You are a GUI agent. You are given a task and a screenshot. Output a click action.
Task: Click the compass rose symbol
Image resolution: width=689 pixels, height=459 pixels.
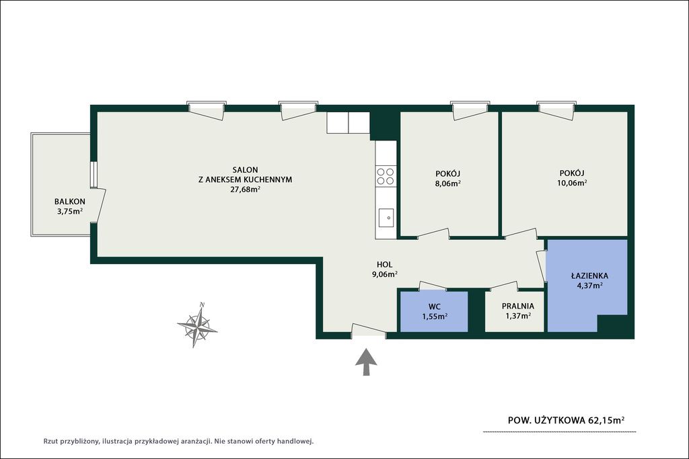pos(197,325)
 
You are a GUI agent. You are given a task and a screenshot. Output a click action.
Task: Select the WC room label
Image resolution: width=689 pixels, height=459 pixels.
pos(435,306)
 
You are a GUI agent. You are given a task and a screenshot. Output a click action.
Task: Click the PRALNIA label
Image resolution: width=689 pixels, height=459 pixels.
pos(518,306)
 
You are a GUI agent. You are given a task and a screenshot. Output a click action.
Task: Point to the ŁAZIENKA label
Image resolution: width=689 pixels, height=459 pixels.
pos(589,276)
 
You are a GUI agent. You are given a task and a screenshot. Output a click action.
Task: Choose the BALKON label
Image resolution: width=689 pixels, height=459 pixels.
pos(70,202)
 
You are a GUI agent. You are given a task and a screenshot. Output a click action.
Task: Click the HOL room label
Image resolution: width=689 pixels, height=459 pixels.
pos(384,265)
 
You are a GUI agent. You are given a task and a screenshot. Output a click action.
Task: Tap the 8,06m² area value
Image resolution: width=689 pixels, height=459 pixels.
pos(447,184)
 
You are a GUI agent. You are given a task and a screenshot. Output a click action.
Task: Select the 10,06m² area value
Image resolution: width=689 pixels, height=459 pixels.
pos(572,183)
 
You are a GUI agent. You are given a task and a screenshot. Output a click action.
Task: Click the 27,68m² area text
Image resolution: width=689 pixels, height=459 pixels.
pos(245,190)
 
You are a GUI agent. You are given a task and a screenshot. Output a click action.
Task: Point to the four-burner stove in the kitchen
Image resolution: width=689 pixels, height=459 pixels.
pos(386,176)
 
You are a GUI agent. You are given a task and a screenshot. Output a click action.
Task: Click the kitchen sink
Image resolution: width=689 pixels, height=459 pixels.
pos(386,218)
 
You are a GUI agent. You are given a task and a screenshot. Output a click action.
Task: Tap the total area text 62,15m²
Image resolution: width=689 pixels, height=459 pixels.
pos(606,420)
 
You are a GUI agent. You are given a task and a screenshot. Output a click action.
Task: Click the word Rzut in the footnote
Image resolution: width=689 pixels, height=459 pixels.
pos(50,442)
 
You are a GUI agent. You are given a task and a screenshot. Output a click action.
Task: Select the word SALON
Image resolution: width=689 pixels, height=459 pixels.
pos(245,170)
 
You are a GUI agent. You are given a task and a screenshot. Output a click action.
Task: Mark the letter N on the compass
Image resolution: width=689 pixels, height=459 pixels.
pos(202,305)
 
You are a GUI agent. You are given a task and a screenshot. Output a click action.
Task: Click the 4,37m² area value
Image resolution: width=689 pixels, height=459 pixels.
pos(589,285)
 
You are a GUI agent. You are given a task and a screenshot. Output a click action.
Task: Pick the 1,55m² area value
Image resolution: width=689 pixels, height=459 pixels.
pos(435,316)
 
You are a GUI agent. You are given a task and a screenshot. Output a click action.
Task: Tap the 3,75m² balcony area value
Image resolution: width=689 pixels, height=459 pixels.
pos(70,212)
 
